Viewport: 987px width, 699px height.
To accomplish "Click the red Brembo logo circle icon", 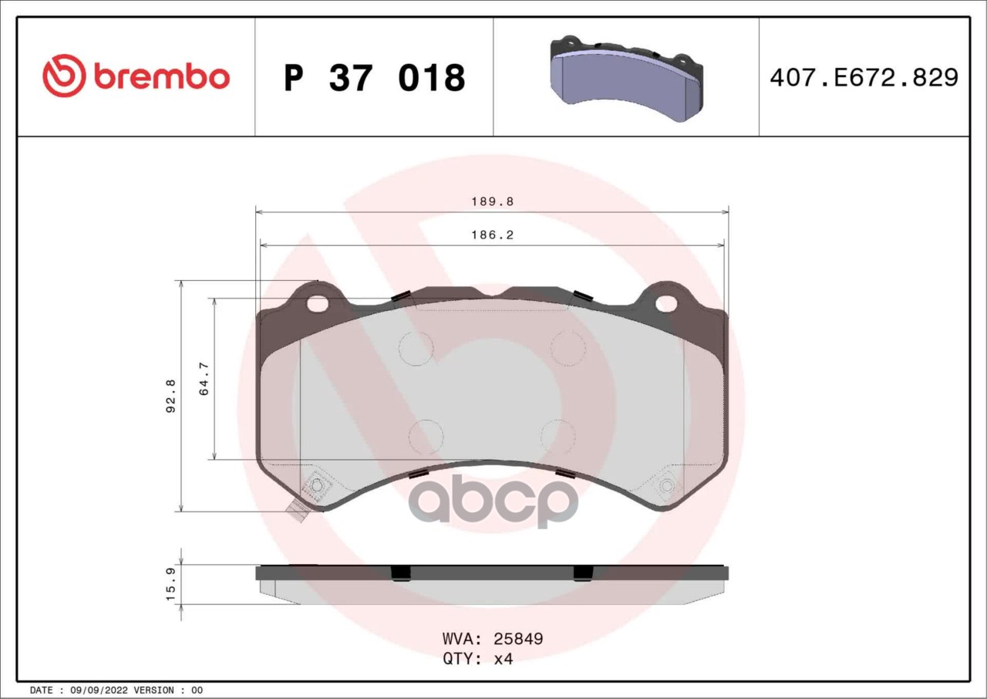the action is (x=63, y=76).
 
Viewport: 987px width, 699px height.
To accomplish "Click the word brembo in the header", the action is (x=162, y=76).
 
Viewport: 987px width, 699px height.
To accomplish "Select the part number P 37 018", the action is (x=374, y=78).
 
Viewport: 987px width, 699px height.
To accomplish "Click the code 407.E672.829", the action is (x=864, y=78).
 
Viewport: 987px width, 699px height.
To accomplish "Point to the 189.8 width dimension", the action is (x=493, y=201).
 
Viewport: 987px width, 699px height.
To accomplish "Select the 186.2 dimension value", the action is (x=493, y=235).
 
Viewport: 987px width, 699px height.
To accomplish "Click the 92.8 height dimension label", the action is (x=170, y=395).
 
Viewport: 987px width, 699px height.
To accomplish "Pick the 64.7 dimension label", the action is (x=204, y=379).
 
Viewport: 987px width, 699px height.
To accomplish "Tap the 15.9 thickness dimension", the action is (x=170, y=585).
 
